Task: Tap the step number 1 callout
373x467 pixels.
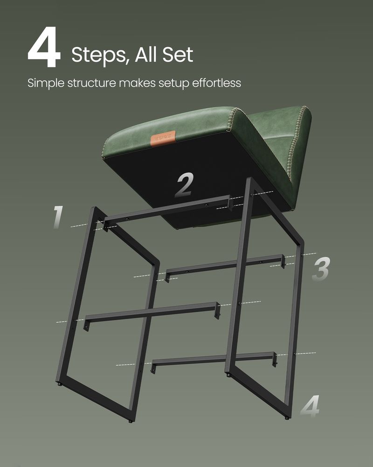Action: (x=57, y=217)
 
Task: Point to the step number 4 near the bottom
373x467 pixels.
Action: (x=310, y=406)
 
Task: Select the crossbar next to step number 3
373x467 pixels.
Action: (x=224, y=265)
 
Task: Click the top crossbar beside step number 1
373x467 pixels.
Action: (x=168, y=210)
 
